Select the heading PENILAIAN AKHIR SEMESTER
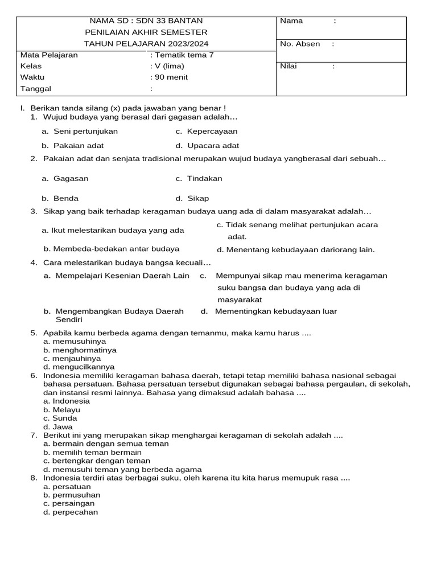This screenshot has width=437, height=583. (146, 32)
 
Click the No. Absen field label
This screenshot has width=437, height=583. (300, 44)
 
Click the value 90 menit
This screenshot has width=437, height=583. (169, 77)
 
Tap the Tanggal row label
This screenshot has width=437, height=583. (36, 89)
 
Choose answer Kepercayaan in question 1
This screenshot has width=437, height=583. (212, 132)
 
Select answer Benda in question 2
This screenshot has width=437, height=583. (66, 199)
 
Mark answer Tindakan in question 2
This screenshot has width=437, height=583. (204, 179)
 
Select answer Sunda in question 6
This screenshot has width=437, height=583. (65, 418)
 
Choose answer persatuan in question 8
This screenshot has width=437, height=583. (71, 487)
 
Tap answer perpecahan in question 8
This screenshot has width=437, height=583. (75, 512)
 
